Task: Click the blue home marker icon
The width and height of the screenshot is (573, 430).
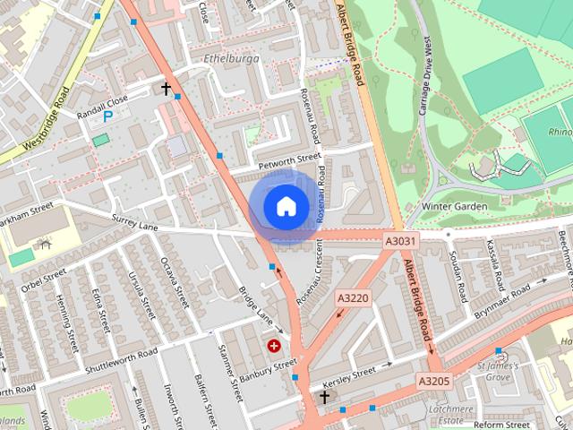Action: click(286, 206)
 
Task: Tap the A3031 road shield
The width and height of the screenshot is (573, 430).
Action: click(401, 242)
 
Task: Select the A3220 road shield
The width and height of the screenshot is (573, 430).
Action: click(354, 297)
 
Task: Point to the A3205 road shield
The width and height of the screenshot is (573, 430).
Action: click(433, 381)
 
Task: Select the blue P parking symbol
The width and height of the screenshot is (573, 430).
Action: click(108, 116)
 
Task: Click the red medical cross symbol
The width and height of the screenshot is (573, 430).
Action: click(274, 345)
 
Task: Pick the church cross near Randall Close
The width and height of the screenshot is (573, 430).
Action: click(166, 88)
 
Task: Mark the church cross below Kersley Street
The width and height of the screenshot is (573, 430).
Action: click(324, 396)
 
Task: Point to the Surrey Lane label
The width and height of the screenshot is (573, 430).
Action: click(134, 221)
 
